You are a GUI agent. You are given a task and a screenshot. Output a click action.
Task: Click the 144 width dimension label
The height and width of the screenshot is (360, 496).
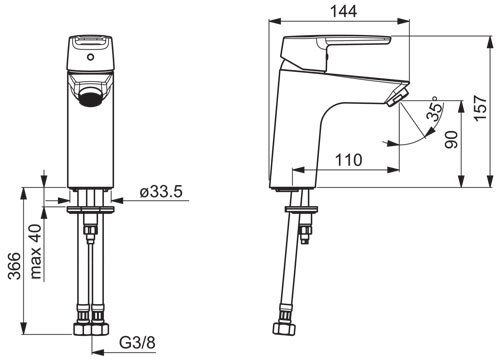(343, 11)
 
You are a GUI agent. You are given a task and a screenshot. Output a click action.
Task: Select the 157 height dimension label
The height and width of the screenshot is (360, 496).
(480, 108)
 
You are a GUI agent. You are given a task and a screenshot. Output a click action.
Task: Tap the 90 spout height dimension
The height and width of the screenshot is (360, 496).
(452, 140)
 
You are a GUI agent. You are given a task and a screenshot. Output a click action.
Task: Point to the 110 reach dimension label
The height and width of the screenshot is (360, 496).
(348, 160)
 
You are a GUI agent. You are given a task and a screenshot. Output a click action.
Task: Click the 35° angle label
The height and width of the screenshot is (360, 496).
(436, 108)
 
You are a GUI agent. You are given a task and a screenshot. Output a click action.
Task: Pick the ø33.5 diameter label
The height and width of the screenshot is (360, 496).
(161, 192)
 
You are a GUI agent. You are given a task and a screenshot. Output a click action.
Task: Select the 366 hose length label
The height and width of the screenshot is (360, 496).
(14, 266)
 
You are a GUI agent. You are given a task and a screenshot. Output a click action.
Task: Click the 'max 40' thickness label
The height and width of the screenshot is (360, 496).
(36, 251)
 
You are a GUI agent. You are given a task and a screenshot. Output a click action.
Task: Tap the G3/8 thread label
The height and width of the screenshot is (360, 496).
(137, 342)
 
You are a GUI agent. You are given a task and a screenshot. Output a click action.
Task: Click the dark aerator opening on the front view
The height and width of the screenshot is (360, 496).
(90, 99)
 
